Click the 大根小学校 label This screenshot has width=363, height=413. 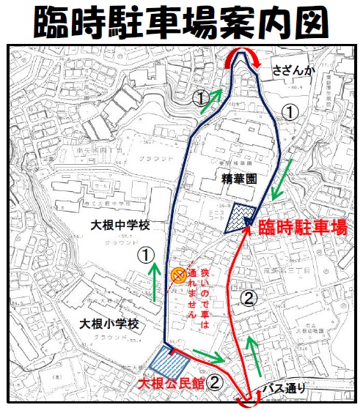[x=110, y=324]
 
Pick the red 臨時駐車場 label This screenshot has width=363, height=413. [x=302, y=228]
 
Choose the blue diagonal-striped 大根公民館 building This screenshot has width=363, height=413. [x=169, y=361]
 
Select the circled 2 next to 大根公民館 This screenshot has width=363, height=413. [x=215, y=382]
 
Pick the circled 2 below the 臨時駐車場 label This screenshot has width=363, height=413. [x=249, y=298]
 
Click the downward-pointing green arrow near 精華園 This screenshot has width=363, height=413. [x=280, y=179]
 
